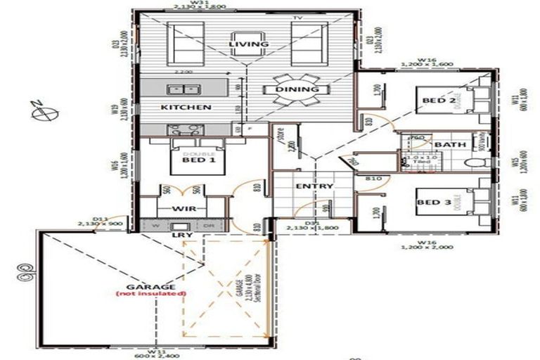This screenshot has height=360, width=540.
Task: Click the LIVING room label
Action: click(249, 44)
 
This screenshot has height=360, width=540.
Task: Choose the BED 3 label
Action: click(434, 202)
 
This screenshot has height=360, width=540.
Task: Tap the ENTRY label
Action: click(314, 186)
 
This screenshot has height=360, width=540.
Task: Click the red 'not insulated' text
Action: click(151, 293)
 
